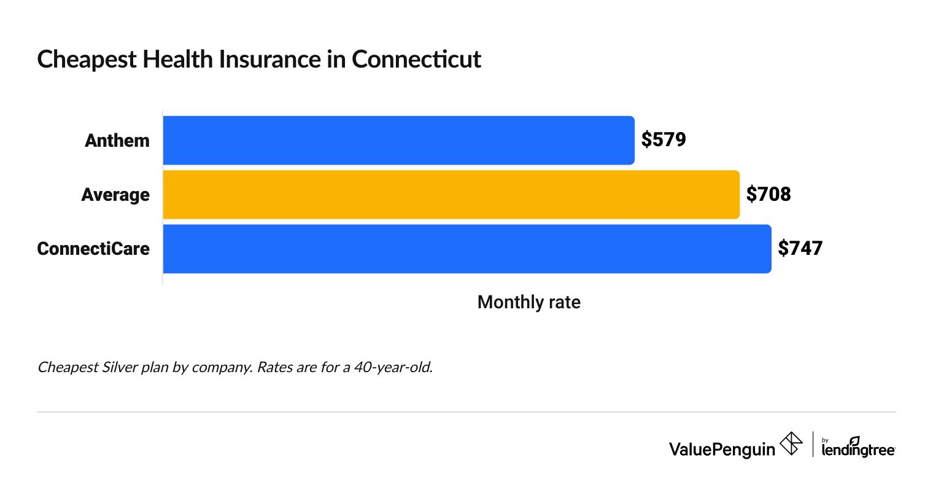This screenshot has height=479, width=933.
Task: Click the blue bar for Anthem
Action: pos(398,140)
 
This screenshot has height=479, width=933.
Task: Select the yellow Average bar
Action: pos(451,195)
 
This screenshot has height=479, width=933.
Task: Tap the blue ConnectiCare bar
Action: pos(466,249)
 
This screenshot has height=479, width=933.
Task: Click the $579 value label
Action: pos(664,140)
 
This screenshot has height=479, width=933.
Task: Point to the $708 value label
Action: pos(768,195)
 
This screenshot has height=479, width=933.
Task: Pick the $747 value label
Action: pos(800,249)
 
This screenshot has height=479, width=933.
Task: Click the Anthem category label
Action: pos(117,141)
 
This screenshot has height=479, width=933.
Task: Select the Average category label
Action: pos(115,195)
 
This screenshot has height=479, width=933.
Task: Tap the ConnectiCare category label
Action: pos(93,249)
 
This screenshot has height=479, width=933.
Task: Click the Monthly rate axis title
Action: pos(528,302)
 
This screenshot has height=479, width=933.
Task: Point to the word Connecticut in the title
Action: pos(417,59)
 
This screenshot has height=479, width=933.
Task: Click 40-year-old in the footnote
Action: pos(397,368)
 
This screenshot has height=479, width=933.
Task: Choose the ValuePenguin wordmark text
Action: pos(722,449)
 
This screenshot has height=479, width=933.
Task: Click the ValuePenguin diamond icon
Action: pos(791,444)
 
